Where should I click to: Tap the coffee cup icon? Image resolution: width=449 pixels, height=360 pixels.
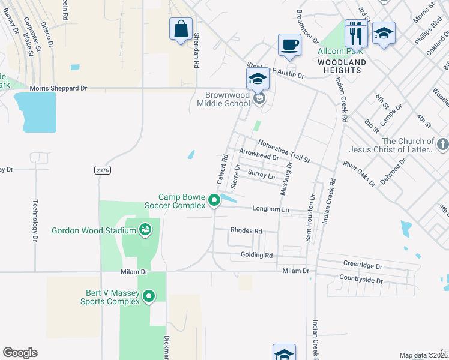click(289, 45)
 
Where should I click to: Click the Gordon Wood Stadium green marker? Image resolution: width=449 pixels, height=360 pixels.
click(145, 229)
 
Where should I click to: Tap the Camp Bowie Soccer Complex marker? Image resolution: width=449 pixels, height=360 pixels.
click(214, 202)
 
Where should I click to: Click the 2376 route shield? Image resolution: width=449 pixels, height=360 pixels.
click(103, 170)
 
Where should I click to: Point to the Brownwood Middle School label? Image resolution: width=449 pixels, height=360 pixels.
click(228, 99)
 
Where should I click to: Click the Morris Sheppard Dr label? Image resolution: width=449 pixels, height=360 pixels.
click(58, 88)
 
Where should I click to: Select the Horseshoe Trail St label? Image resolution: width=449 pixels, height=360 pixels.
click(283, 151)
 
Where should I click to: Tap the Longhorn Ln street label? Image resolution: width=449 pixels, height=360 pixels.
click(271, 209)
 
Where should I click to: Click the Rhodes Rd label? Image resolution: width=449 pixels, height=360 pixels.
click(246, 230)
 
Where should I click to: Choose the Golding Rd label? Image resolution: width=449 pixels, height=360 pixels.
click(256, 255)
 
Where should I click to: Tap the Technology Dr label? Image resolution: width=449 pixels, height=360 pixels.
click(35, 221)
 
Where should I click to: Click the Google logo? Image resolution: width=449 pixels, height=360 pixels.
click(20, 353)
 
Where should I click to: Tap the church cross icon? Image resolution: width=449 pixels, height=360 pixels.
click(442, 144)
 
